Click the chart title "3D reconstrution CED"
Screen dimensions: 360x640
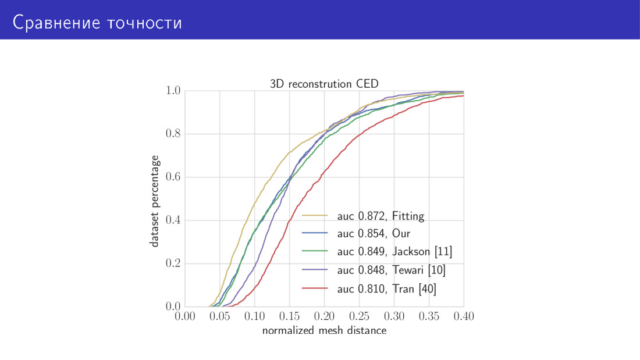coord(324,83)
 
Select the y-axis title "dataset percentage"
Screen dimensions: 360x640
coord(155,201)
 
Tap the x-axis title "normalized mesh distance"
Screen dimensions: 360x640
coord(324,331)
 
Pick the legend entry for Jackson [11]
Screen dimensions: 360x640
coord(394,252)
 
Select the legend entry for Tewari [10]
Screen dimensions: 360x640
coord(392,270)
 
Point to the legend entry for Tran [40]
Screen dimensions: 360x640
coord(387,288)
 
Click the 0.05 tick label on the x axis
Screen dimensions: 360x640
coord(220,317)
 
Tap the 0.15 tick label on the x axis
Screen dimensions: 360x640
coord(289,317)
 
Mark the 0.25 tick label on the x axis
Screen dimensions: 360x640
coord(359,317)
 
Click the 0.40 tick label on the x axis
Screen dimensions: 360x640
coord(464,317)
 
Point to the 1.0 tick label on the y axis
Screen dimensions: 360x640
coord(173,91)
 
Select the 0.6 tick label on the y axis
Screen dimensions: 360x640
coord(173,177)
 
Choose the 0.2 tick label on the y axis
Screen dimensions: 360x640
coord(173,263)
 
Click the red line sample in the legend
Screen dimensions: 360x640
coord(316,288)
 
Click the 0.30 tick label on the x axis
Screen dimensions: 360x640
coord(394,317)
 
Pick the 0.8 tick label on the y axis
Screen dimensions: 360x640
coord(173,134)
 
